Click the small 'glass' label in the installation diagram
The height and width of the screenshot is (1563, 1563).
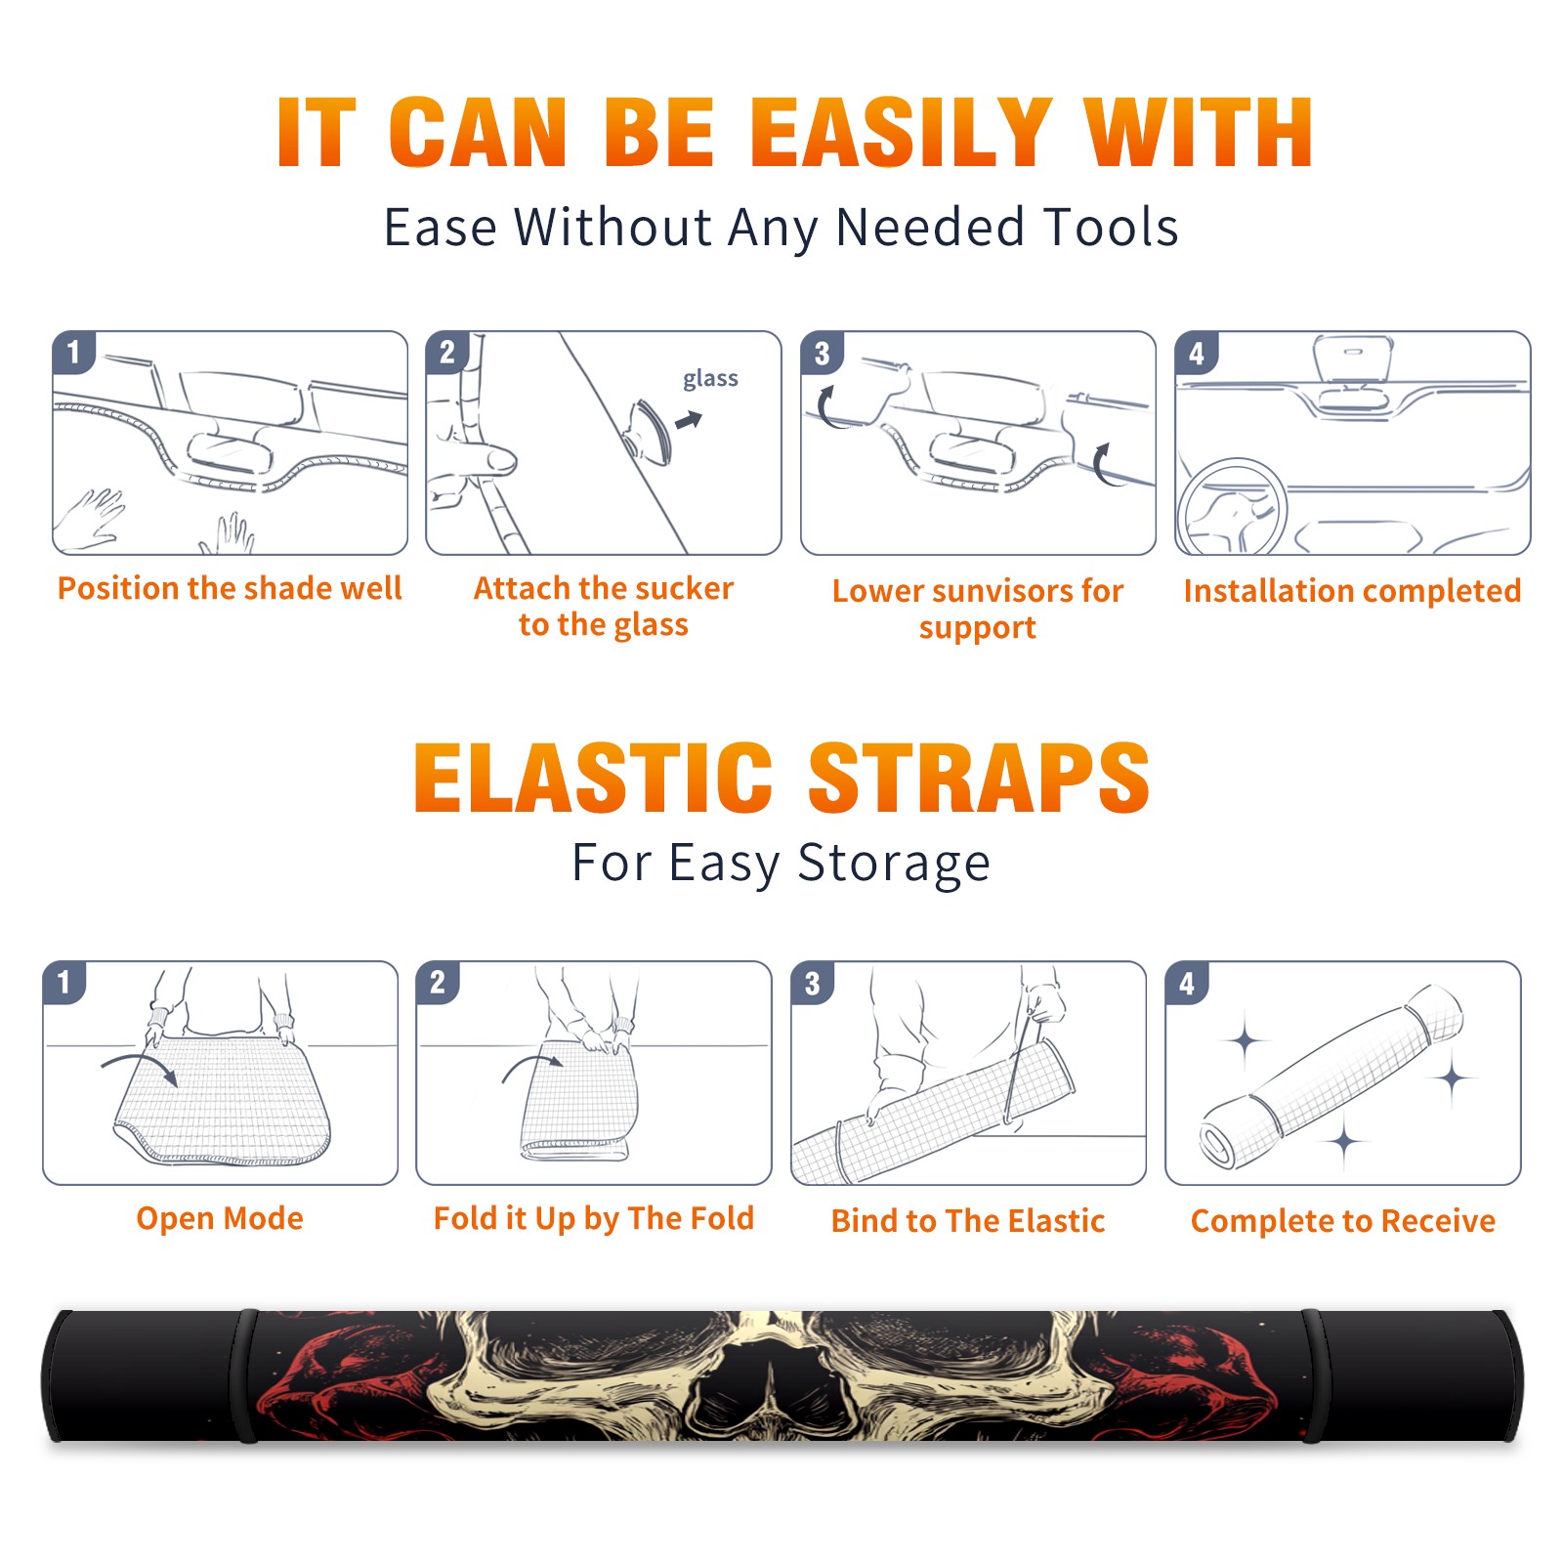[x=710, y=379]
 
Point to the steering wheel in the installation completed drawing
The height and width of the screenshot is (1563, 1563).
[x=1232, y=506]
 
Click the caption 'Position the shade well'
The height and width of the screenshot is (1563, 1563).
[x=230, y=588]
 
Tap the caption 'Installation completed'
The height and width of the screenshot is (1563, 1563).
[x=1352, y=590]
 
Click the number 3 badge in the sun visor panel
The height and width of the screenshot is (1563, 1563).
[x=822, y=353]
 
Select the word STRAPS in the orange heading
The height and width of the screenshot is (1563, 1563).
[x=979, y=778]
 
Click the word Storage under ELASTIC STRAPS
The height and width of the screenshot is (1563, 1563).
[x=894, y=864]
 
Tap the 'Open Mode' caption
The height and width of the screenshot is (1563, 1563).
[x=220, y=1218]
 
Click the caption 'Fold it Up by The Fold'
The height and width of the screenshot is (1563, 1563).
[x=594, y=1218]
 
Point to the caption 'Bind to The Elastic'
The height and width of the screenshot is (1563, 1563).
[x=968, y=1221]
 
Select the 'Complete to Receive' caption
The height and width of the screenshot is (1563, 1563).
[x=1343, y=1221]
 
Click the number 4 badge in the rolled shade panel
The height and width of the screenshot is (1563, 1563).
[x=1187, y=983]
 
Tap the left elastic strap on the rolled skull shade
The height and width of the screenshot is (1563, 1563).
[x=246, y=1375]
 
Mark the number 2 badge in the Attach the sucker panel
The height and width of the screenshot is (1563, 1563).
[x=447, y=353]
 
